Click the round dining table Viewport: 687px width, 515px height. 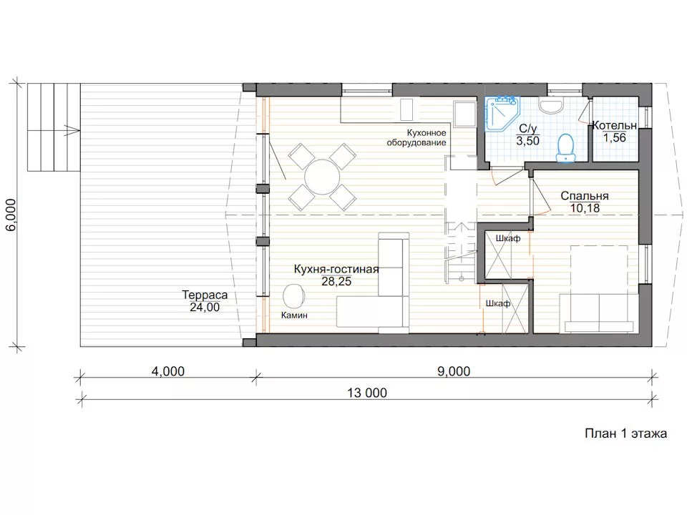click(322, 177)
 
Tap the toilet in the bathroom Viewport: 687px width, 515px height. click(565, 148)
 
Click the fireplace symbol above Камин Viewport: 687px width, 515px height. click(294, 295)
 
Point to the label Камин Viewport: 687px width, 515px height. click(294, 315)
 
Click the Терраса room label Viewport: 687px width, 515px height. click(205, 295)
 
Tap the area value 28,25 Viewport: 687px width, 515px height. click(336, 282)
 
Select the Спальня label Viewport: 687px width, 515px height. click(585, 196)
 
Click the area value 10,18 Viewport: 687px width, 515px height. click(585, 208)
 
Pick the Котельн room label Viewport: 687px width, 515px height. click(614, 125)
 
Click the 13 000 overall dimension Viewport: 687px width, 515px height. click(367, 393)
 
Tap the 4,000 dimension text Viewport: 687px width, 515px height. click(167, 371)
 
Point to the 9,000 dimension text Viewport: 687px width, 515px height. click(454, 371)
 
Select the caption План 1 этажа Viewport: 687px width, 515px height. click(625, 433)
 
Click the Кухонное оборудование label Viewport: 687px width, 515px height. click(416, 137)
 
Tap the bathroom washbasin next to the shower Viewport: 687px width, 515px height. click(551, 106)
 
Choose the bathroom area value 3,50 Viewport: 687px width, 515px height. click(527, 141)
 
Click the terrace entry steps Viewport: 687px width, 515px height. click(54, 127)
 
